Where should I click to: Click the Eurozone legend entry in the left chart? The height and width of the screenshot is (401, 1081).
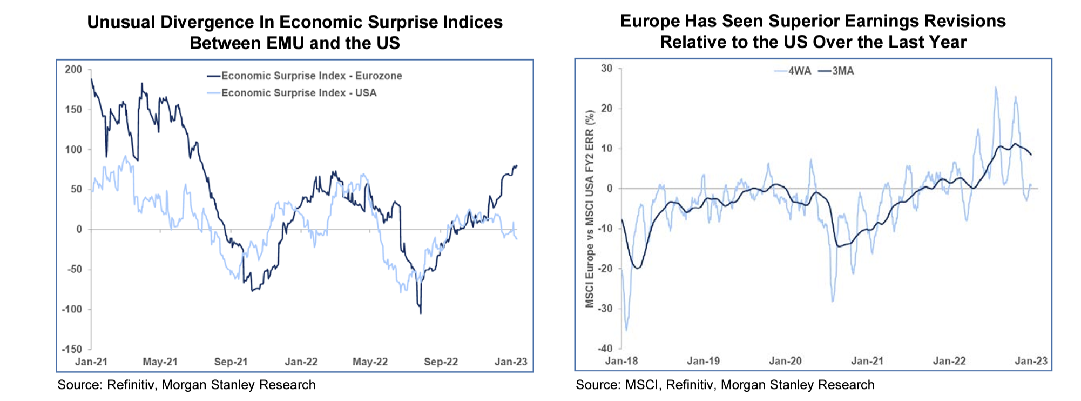(x=311, y=76)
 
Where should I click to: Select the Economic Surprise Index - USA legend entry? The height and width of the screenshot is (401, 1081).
(x=299, y=93)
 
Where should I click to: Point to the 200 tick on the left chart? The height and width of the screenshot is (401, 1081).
(x=73, y=70)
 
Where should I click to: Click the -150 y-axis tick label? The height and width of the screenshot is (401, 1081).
(x=71, y=349)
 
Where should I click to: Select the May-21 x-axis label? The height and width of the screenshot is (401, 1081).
(x=160, y=362)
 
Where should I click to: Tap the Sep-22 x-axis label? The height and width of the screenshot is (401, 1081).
(x=441, y=362)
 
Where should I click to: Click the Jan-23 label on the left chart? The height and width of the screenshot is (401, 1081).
(x=511, y=362)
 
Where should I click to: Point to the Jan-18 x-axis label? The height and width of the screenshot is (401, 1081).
(x=621, y=361)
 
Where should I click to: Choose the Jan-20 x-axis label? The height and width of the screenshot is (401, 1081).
(x=785, y=361)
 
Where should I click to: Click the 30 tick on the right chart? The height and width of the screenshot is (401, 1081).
(x=607, y=69)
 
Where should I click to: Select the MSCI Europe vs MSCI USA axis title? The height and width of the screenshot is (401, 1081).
(x=590, y=209)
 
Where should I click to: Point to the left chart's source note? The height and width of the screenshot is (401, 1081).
(x=186, y=385)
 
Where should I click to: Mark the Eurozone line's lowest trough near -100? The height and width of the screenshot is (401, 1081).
(x=421, y=313)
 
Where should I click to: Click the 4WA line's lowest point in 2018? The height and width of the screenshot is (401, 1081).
(x=626, y=330)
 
